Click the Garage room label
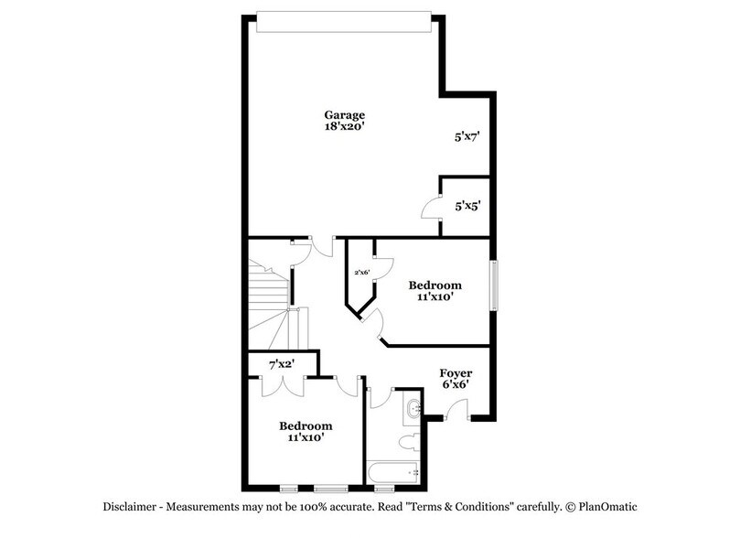[x=345, y=115]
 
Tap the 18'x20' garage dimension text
[x=345, y=128]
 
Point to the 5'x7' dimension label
[x=467, y=138]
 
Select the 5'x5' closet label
[x=467, y=206]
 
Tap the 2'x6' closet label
[x=362, y=272]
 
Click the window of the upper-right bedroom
[x=495, y=285]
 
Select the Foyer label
[x=456, y=372]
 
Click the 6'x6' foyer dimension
[x=456, y=385]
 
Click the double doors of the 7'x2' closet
[x=284, y=385]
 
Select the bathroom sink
[x=413, y=408]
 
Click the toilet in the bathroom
[x=409, y=443]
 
